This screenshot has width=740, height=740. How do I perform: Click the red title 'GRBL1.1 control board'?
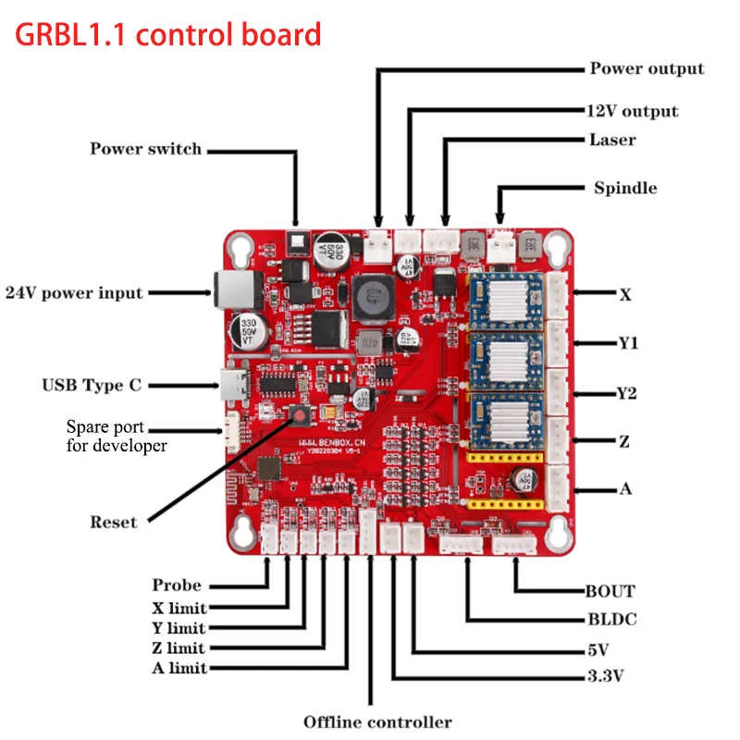[x=166, y=35]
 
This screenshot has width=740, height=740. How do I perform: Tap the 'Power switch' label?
[x=145, y=149]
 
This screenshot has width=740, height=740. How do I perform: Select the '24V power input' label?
[x=74, y=293]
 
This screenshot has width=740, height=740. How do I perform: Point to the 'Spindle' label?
[x=625, y=188]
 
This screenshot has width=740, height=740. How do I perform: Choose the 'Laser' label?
[x=612, y=141]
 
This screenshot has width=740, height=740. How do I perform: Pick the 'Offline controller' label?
[x=377, y=721]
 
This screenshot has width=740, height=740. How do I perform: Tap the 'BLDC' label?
[x=610, y=620]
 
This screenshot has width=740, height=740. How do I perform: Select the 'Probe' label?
[x=177, y=585]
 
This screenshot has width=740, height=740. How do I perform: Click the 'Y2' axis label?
[x=626, y=393]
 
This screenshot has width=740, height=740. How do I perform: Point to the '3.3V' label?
[x=605, y=676]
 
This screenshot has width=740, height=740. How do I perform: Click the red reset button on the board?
[x=301, y=413]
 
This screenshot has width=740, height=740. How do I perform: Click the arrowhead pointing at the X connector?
[x=576, y=294]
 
